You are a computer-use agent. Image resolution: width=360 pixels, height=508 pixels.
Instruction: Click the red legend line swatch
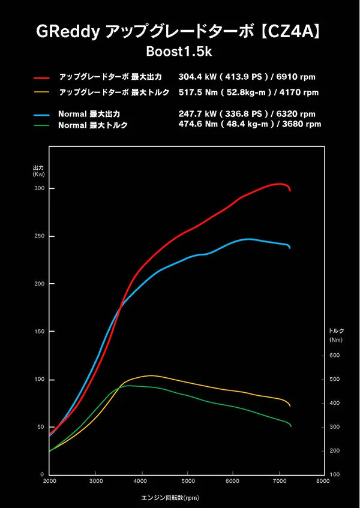click(41, 78)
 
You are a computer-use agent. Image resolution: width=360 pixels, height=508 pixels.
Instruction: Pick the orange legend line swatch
click(41, 92)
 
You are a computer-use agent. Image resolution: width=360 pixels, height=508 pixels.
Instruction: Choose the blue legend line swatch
click(41, 113)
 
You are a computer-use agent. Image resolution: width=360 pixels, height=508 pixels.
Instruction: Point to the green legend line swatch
click(41, 125)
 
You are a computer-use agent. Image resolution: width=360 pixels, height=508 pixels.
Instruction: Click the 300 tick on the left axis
click(39, 188)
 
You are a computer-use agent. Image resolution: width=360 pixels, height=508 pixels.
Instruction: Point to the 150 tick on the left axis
click(39, 332)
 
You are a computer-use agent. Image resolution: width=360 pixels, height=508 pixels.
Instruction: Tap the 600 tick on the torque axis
click(334, 356)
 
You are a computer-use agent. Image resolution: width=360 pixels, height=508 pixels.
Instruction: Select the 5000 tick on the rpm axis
click(188, 481)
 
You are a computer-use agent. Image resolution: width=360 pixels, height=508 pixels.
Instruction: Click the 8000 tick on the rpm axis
click(323, 481)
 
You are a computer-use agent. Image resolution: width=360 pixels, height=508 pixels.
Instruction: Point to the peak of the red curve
click(280, 184)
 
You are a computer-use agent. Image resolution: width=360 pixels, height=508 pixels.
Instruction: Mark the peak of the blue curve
click(248, 239)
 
